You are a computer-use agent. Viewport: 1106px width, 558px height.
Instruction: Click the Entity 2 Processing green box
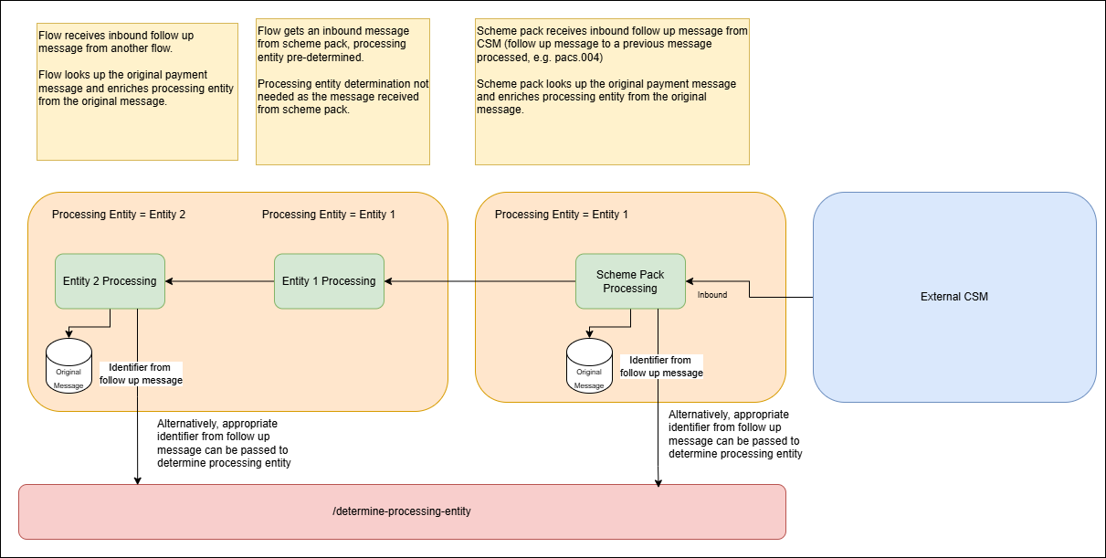coord(110,281)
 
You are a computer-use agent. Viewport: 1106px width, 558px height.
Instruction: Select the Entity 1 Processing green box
coord(329,281)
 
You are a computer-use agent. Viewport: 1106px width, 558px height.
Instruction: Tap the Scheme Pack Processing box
coord(630,281)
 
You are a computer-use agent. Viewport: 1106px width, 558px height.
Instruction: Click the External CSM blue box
coord(953,297)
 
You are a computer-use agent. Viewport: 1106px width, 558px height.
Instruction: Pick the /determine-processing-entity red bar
coord(402,511)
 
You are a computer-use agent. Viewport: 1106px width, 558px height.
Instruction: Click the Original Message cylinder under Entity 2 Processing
coord(68,365)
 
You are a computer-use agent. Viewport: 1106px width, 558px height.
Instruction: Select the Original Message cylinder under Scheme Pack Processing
coord(589,365)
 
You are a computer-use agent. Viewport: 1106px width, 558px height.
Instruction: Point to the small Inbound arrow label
coord(712,295)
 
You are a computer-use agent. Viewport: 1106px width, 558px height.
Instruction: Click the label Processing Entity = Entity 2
coord(119,215)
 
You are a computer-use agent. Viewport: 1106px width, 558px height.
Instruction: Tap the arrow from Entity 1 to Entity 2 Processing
coord(219,281)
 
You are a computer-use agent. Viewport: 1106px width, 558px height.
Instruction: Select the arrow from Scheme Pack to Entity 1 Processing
coord(479,281)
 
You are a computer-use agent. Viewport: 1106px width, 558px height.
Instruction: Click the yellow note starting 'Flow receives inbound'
coord(137,91)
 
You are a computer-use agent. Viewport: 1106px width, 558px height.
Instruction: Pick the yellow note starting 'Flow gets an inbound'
coord(342,91)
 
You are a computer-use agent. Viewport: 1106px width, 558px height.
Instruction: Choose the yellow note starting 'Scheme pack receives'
coord(612,91)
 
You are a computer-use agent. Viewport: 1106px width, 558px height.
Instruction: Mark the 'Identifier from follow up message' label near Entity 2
coord(141,374)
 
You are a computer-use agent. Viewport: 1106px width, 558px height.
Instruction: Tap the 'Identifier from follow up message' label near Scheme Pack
coord(661,366)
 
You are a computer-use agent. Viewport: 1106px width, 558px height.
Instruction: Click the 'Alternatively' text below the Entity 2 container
coord(224,443)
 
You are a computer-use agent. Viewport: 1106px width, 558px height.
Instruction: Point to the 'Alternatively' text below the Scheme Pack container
coord(735,434)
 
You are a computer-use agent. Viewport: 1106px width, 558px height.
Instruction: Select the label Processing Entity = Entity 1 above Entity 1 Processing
coord(329,215)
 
